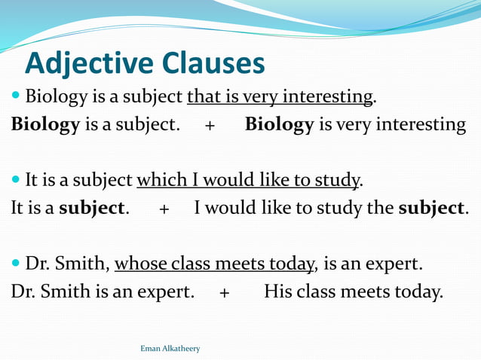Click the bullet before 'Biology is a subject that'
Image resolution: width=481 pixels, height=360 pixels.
click(17, 97)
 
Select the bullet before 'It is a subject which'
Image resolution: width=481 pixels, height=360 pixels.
click(17, 181)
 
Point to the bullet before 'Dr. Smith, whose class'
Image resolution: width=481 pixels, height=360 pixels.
click(17, 264)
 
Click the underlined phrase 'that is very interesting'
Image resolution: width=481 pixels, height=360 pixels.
click(280, 97)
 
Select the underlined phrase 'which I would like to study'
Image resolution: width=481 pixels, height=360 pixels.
click(248, 181)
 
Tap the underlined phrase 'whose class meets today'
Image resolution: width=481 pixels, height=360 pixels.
click(214, 264)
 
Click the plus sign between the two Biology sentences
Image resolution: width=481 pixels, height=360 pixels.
click(210, 125)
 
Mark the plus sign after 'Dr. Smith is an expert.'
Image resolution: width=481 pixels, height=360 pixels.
click(225, 292)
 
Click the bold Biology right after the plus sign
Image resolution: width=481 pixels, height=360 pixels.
click(279, 124)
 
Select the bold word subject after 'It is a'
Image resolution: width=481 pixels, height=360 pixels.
click(91, 208)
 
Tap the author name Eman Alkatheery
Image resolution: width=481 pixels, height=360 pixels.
click(170, 349)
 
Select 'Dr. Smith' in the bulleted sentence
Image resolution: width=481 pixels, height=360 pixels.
click(68, 264)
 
